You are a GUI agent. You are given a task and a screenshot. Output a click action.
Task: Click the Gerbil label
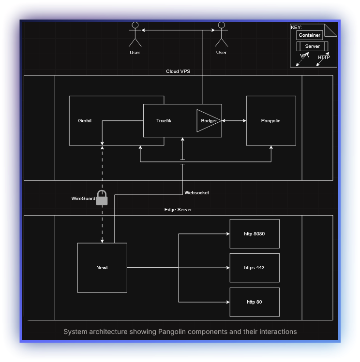[85, 121]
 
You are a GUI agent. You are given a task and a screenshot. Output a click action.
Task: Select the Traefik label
[164, 121]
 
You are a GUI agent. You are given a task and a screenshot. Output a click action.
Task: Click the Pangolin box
[271, 120]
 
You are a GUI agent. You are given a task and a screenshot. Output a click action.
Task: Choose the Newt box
[102, 268]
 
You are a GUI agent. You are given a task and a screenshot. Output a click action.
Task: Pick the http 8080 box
[255, 234]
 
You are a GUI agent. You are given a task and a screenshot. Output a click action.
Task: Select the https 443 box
[255, 268]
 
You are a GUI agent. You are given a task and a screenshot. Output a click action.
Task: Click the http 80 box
[255, 302]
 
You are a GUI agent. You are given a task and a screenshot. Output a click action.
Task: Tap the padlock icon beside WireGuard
[102, 198]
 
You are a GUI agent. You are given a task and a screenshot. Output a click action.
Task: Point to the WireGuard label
[83, 199]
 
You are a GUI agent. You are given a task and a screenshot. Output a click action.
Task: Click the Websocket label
[196, 193]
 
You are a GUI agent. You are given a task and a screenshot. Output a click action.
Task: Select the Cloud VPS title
[178, 72]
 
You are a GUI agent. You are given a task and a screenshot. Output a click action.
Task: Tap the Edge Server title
[178, 210]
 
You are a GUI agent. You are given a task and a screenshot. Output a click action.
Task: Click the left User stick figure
[135, 34]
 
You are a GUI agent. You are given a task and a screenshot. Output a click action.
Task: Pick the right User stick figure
[221, 34]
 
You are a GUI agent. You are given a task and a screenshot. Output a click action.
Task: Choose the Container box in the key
[310, 35]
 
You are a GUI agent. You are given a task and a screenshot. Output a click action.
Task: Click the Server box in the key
[313, 46]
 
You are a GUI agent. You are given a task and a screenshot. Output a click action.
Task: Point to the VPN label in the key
[304, 56]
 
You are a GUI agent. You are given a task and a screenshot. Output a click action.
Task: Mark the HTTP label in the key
[324, 58]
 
